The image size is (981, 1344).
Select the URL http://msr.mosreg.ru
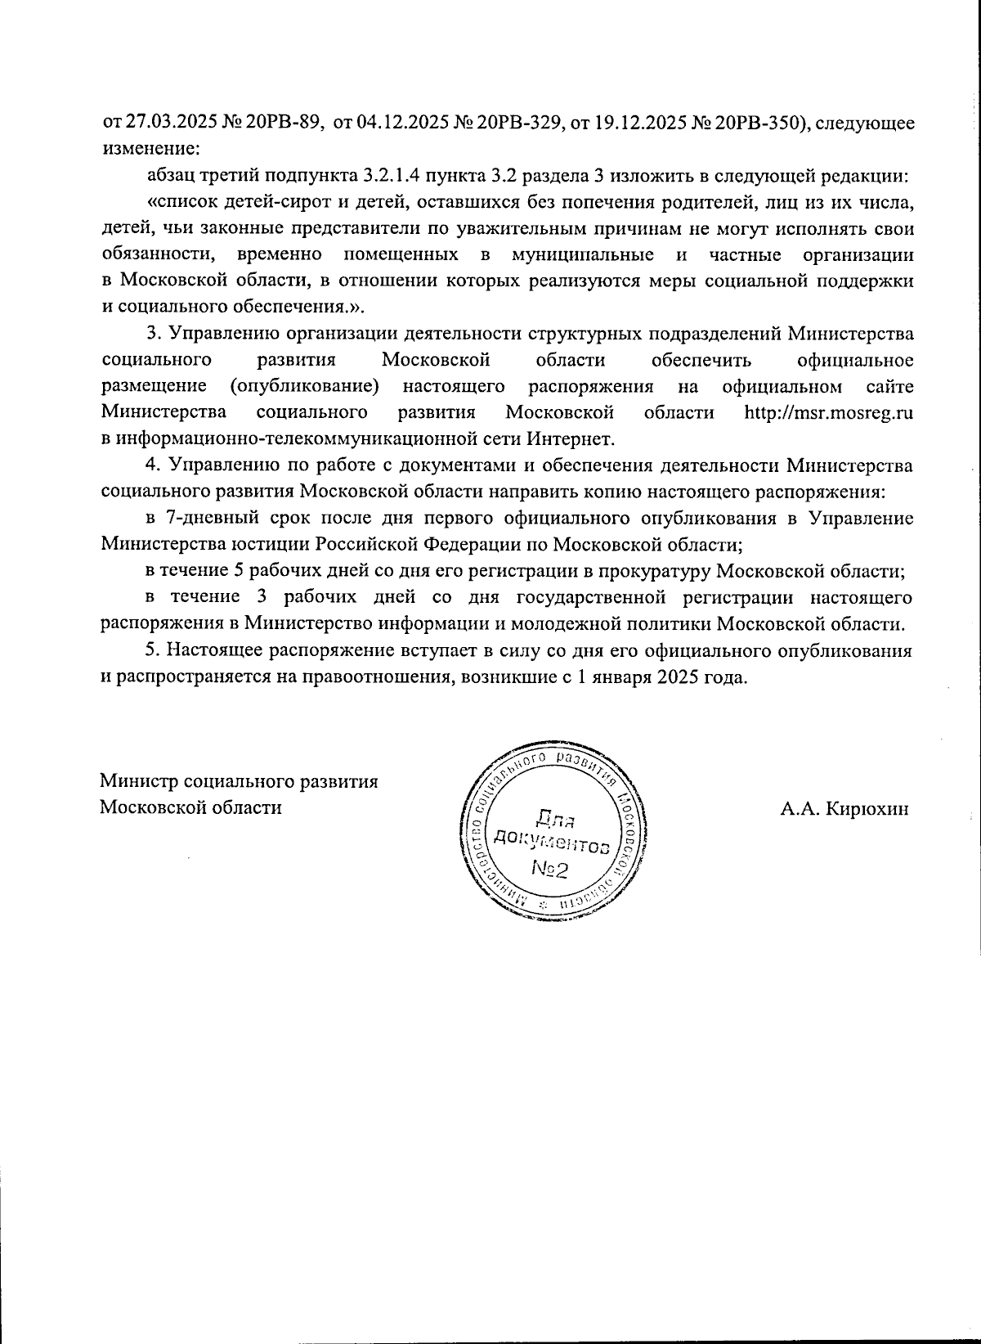coord(828,412)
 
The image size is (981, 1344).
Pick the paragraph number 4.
coord(150,465)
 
